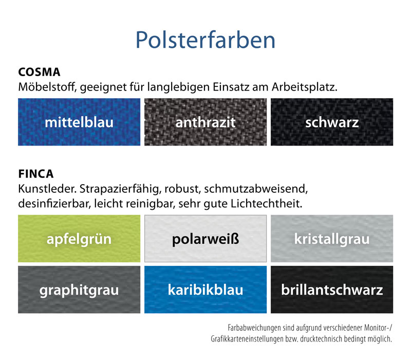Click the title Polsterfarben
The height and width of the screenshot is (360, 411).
coord(205,40)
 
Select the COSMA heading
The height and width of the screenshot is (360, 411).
coord(40,72)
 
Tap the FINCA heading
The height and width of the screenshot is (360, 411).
coord(36,174)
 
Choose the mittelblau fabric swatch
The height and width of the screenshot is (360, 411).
coord(79,122)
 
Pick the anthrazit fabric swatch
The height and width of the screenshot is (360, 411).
coord(206,122)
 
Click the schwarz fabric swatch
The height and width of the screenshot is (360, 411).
coord(332,122)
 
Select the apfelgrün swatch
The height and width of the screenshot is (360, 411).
coord(79,239)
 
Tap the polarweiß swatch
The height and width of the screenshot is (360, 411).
coord(206,239)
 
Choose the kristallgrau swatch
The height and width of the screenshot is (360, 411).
coord(332,239)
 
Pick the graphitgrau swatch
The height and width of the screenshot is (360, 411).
coord(79,290)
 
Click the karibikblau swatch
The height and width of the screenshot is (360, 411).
coord(206,290)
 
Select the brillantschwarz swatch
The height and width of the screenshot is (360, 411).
coord(332,290)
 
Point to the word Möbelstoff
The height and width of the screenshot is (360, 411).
coord(47,87)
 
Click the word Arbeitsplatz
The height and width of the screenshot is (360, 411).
coord(305,87)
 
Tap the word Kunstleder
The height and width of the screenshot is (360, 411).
coord(47,189)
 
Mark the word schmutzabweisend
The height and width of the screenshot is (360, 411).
coord(256,189)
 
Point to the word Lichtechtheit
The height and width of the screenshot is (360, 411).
coord(267,204)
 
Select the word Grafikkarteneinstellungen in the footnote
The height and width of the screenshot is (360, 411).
coord(247,339)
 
